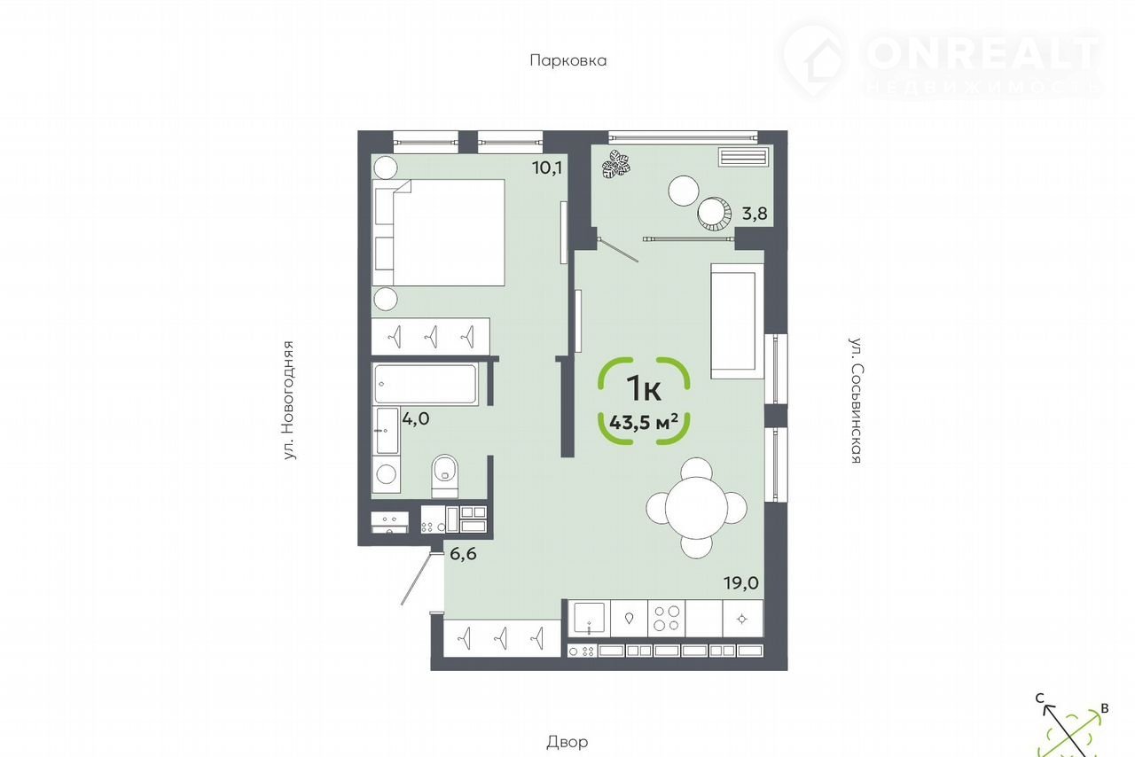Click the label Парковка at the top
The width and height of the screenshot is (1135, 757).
click(x=568, y=61)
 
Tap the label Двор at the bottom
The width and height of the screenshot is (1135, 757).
click(x=567, y=743)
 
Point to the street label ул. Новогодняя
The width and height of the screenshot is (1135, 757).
click(x=289, y=401)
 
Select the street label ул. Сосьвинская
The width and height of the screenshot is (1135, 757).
click(x=856, y=401)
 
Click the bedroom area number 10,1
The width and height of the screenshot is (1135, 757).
click(x=547, y=168)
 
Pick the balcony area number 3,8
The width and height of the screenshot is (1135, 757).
click(x=755, y=214)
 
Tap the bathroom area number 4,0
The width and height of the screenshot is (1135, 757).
click(x=416, y=419)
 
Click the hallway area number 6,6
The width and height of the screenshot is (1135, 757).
click(x=463, y=554)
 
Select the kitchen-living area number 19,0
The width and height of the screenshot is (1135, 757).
click(x=740, y=583)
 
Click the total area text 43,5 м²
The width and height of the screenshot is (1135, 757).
click(x=644, y=422)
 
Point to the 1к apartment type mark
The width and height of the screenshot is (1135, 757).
click(x=644, y=388)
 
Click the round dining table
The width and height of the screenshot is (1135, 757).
click(x=697, y=508)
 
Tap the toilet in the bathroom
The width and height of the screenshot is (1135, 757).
click(x=445, y=476)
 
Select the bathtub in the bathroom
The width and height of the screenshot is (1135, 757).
click(x=426, y=384)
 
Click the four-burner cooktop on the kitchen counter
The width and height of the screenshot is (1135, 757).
click(x=666, y=618)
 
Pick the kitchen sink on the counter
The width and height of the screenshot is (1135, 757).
click(x=589, y=618)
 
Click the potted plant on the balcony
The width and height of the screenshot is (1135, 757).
click(x=616, y=164)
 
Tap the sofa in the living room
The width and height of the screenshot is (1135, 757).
click(x=737, y=321)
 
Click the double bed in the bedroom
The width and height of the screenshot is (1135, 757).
click(x=438, y=232)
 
